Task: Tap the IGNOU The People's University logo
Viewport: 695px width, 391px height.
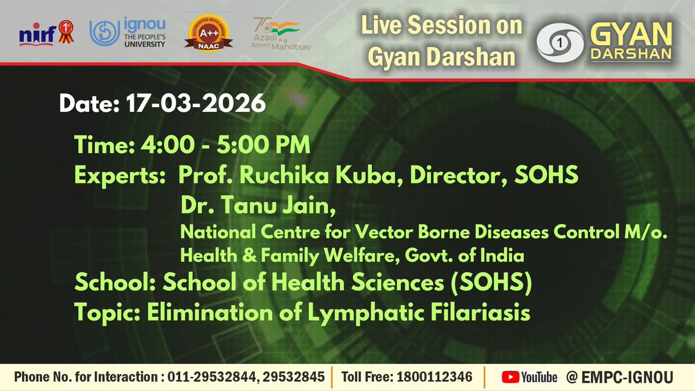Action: point(127,32)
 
